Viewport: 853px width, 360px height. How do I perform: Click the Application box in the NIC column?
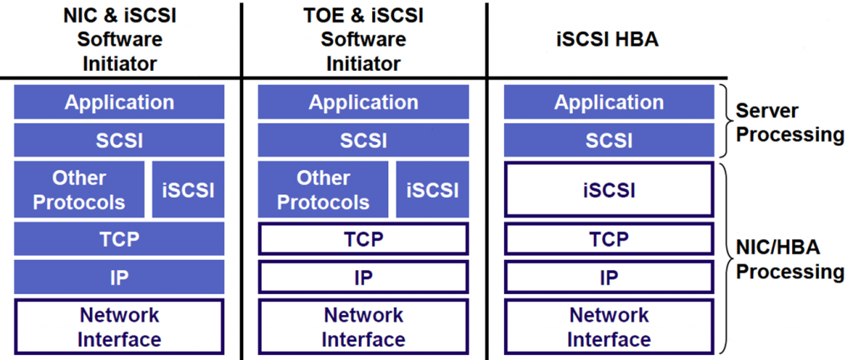119,102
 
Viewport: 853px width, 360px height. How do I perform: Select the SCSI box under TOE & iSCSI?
363,140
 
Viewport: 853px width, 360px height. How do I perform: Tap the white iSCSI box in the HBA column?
609,190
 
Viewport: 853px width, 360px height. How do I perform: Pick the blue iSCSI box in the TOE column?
432,190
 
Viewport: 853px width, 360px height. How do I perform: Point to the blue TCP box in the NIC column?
119,239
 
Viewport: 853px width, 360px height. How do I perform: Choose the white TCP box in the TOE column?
363,239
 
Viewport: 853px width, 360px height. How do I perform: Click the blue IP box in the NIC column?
119,277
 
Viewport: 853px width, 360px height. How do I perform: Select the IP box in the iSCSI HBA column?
609,277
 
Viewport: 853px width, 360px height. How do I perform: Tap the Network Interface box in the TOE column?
363,327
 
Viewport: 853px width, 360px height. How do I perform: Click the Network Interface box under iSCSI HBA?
609,327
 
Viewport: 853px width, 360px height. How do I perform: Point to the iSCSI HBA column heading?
609,39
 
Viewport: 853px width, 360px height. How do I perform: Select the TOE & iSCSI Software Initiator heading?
363,39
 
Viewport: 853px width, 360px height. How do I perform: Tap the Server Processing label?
790,122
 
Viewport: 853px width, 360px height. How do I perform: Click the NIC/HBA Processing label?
790,259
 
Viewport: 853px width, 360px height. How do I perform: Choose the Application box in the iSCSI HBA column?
609,102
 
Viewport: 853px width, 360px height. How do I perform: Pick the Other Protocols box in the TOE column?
323,190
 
